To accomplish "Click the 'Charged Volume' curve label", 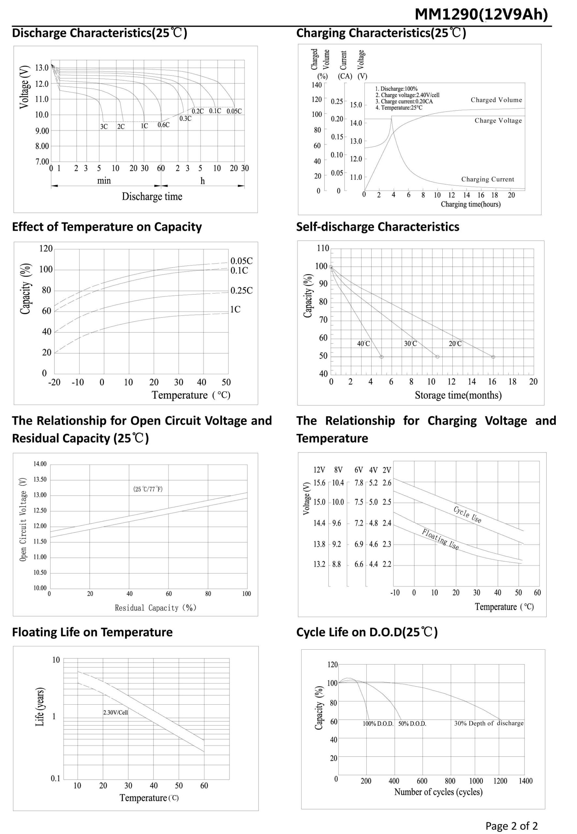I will tap(496, 100).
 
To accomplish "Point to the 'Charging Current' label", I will tap(487, 179).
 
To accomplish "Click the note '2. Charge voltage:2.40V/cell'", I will tap(407, 95).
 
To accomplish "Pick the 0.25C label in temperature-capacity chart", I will tap(242, 290).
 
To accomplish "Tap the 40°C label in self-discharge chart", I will tap(363, 343).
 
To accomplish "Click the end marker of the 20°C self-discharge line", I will tap(493, 357).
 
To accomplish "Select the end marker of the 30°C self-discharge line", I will tap(437, 357).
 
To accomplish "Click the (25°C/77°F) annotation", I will tap(148, 489).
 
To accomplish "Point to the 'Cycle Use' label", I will tap(467, 514).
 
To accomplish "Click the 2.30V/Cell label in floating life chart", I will tap(115, 712).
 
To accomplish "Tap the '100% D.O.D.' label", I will tap(378, 724).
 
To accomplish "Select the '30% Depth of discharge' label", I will tap(489, 723).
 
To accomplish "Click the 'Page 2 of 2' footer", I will tap(511, 826).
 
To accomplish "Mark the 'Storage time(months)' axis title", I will tap(458, 395).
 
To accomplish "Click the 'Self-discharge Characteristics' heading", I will tap(377, 227).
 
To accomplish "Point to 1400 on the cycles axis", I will tap(525, 781).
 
